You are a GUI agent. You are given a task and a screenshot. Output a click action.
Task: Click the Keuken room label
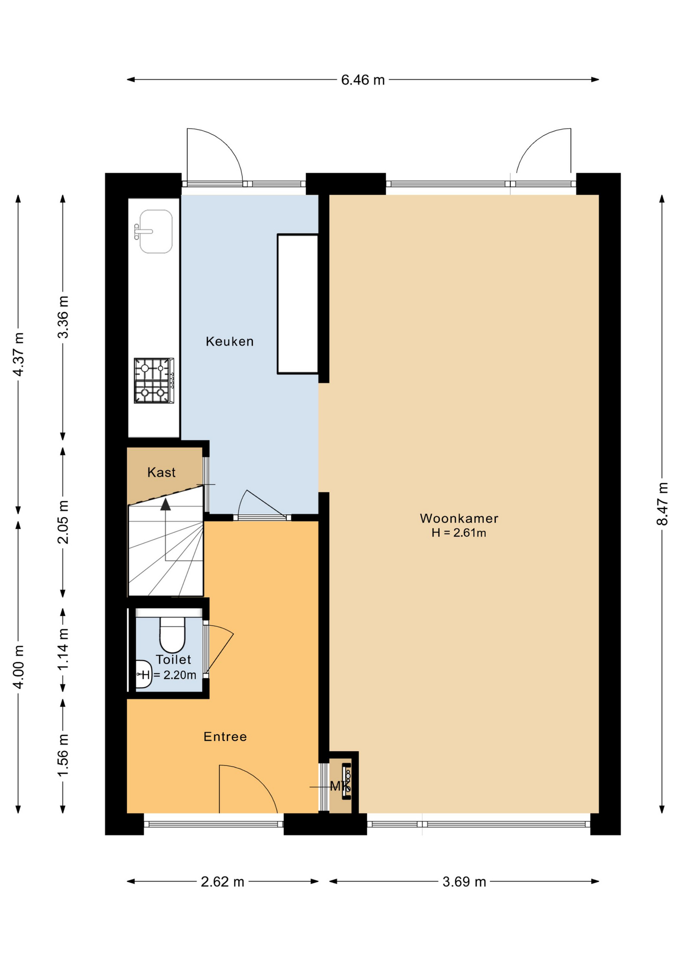coord(230,341)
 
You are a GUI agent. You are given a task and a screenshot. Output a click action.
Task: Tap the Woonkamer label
coord(459,518)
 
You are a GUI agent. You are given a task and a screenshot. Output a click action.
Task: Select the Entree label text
coord(225,736)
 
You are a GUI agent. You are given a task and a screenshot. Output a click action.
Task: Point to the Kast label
coord(161,472)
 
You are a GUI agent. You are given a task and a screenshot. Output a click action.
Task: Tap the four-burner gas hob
coord(154,380)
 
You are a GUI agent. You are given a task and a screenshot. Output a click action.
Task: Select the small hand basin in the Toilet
coord(144,674)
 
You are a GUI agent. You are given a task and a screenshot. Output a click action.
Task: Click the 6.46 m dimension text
coord(363,80)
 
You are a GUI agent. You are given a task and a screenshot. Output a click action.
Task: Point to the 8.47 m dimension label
coord(662,504)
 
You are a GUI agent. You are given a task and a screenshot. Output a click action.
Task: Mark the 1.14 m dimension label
coord(63,649)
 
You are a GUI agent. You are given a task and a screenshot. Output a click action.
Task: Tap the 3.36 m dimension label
coord(63,317)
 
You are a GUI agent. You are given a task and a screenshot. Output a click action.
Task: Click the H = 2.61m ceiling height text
coord(459,533)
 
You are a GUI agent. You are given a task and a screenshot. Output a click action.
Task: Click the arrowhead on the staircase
coord(165,504)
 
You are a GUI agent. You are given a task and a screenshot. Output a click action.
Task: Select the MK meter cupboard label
coord(340,786)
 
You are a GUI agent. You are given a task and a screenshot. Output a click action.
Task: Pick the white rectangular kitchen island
coord(298,304)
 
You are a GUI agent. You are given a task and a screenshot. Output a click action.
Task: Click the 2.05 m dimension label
coord(63,522)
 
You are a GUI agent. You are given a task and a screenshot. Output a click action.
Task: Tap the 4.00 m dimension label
coord(19,667)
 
